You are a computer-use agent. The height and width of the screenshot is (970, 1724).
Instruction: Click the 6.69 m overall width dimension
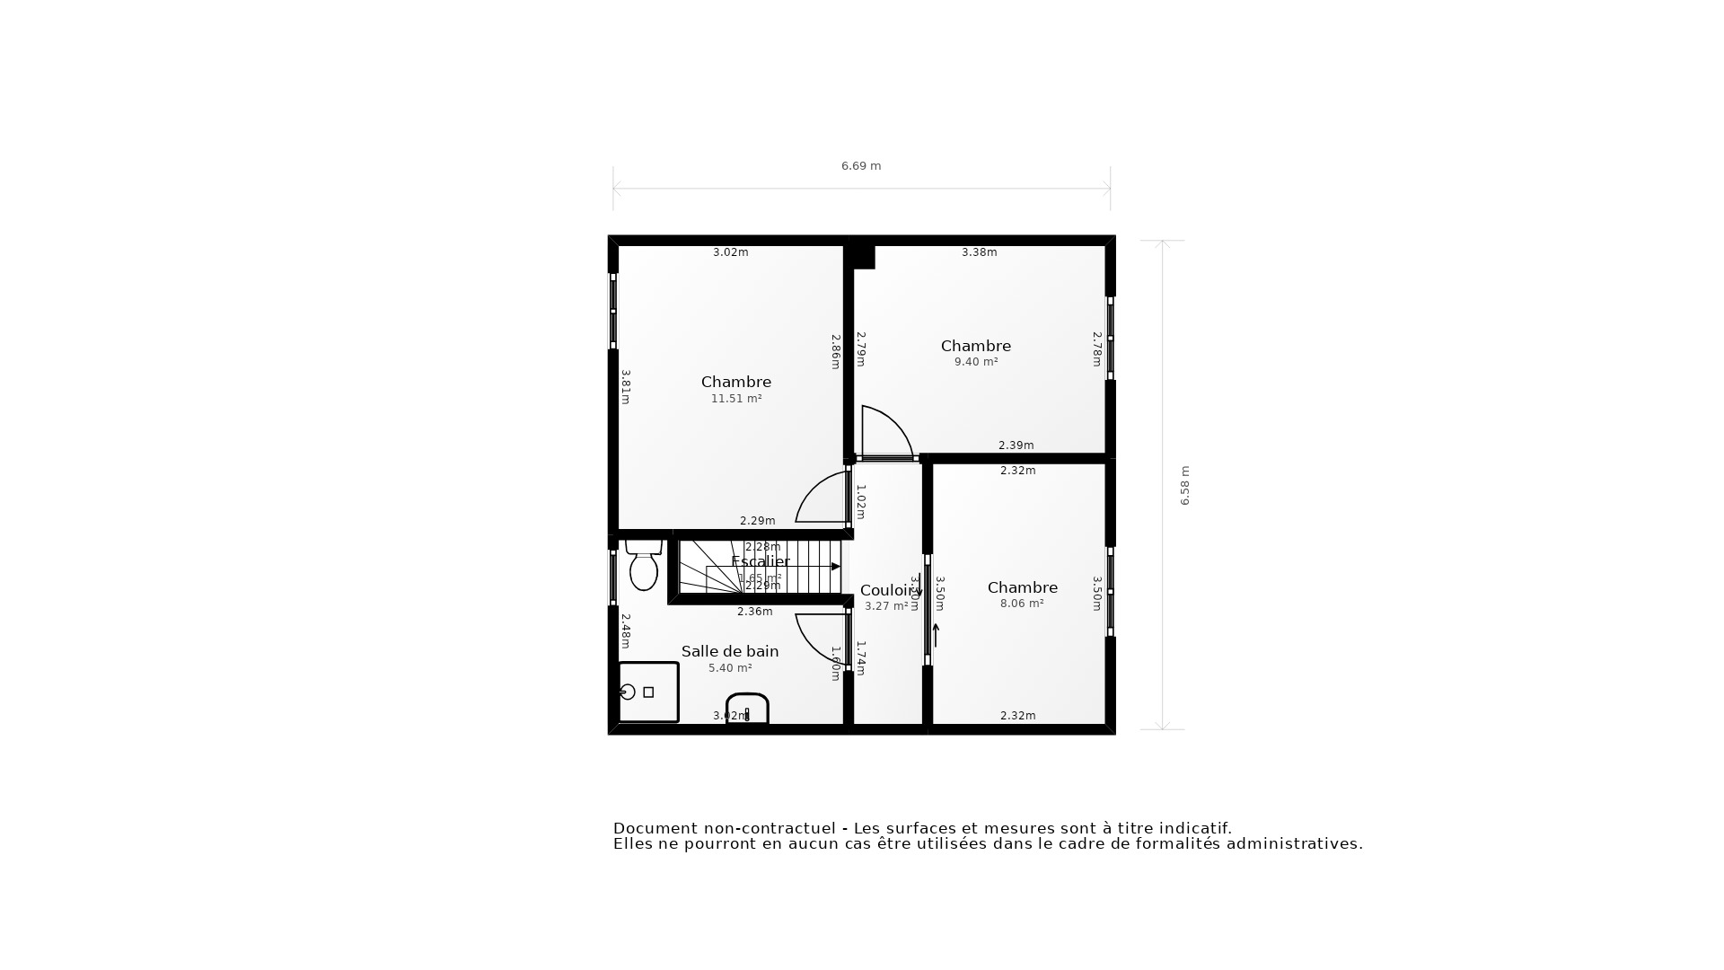point(860,166)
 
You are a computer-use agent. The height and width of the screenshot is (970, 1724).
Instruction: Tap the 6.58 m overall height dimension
point(1184,485)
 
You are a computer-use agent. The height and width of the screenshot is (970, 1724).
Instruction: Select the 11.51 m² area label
point(736,399)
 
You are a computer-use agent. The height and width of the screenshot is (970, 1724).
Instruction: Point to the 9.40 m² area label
point(976,362)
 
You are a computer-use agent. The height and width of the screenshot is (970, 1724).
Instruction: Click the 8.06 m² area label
point(1022,604)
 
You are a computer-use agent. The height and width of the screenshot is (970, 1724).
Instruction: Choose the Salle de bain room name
point(730,651)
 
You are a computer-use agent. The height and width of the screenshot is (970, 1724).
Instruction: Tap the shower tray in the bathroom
point(648,692)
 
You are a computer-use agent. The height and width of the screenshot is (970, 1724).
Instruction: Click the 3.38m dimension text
point(979,252)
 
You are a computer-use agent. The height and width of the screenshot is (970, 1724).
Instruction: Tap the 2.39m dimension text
point(1016,445)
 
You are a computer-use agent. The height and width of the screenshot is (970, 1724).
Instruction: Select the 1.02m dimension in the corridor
point(860,502)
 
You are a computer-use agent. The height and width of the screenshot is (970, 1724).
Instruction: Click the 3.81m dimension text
point(625,387)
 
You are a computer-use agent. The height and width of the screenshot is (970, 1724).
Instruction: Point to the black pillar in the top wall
point(863,257)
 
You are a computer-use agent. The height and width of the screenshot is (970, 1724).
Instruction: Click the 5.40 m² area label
point(730,668)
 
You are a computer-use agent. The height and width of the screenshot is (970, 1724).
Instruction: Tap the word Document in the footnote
point(655,828)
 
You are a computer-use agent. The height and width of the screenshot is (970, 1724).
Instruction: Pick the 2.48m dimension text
point(625,630)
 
